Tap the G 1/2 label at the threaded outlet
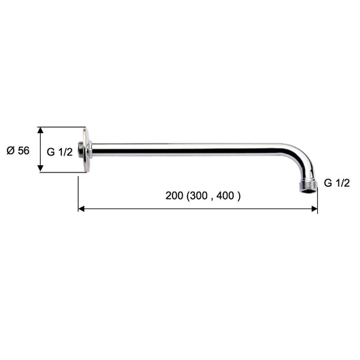[x=337, y=183]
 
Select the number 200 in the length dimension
[x=175, y=196]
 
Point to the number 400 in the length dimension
[x=230, y=196]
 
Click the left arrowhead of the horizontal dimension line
[x=82, y=209]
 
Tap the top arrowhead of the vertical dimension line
[x=41, y=130]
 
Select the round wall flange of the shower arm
[x=85, y=149]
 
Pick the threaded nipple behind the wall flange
[x=80, y=149]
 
